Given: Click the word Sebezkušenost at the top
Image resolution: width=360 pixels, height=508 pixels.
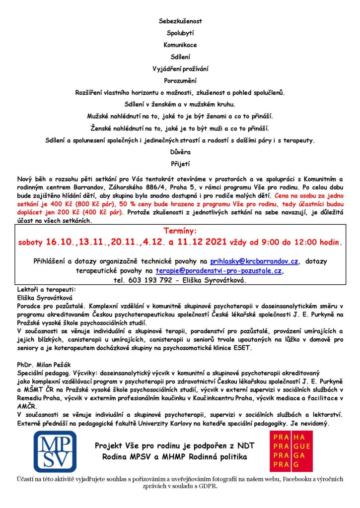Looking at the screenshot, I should pos(180,21).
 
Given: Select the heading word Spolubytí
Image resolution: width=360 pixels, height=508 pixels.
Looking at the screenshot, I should pos(180,33).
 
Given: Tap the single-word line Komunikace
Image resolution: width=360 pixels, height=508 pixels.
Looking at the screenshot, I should pos(180,45).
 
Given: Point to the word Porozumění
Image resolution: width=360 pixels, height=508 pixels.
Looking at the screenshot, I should pos(180,80).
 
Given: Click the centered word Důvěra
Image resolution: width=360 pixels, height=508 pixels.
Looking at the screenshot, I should pos(180,152).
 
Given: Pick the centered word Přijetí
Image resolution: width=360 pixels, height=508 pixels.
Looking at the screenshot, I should pos(180,163).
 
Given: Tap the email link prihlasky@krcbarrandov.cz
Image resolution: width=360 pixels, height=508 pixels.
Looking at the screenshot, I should pos(254,261).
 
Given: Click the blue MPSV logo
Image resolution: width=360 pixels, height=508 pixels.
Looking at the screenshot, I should pos(55,451).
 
